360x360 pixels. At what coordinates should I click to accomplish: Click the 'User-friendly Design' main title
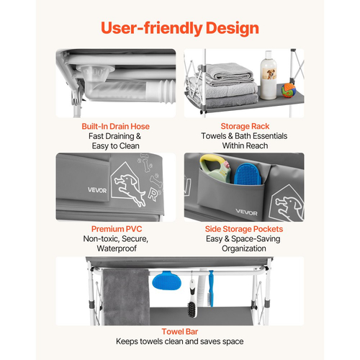tap(180, 28)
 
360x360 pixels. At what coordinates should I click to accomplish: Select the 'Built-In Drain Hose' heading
tap(115, 126)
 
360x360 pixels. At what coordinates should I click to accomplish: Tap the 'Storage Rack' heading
tap(245, 126)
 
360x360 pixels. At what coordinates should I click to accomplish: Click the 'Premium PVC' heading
tap(117, 229)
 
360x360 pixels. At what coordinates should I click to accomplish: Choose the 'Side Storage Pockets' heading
tap(244, 229)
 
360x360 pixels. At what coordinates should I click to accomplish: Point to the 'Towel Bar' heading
tap(180, 331)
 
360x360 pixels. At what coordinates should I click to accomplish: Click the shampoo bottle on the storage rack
tap(269, 75)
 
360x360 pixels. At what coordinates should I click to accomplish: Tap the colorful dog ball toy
tap(288, 90)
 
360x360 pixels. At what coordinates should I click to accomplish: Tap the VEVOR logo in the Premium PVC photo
tap(97, 190)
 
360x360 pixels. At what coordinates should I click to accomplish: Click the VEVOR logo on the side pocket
tap(246, 212)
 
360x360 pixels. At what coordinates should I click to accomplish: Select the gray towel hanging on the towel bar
tap(126, 297)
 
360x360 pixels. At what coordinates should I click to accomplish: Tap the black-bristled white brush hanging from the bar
tap(192, 299)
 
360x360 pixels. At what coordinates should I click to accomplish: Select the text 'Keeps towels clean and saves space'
tap(180, 341)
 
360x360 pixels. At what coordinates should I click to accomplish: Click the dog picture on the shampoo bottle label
tap(270, 74)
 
